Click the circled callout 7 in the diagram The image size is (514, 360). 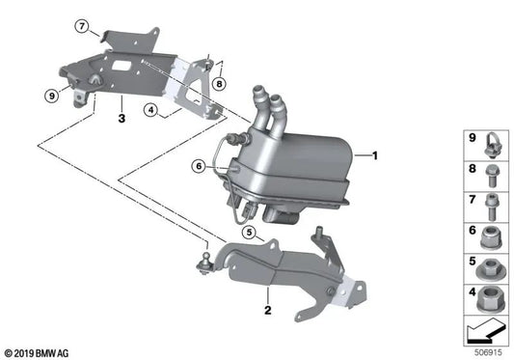(83, 25)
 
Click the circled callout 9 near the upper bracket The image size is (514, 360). (50, 96)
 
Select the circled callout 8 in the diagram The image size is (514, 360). (220, 84)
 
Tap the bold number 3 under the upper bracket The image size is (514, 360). (122, 119)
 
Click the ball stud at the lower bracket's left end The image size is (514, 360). (207, 259)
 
